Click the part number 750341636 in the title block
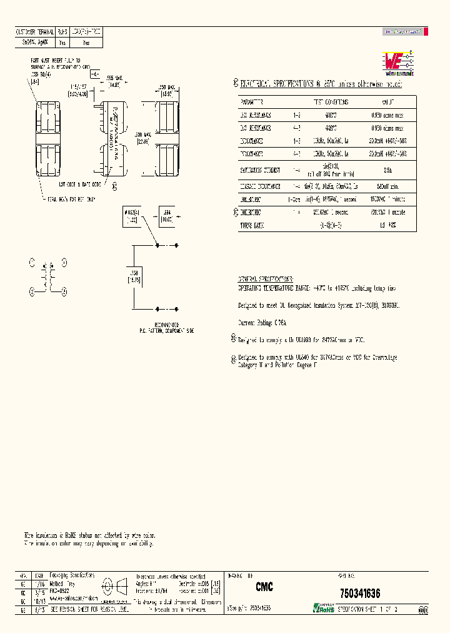pos(359,593)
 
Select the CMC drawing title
pos(264,588)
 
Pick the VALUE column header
pos(389,102)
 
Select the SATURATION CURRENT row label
pos(260,170)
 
